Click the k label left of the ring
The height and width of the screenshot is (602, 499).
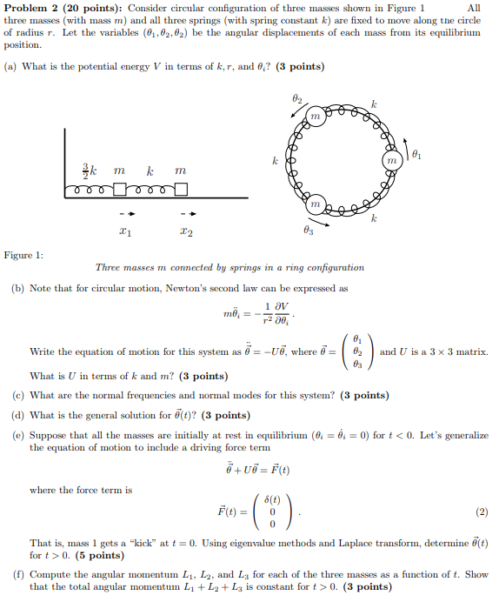275,162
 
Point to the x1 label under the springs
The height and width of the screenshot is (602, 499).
126,232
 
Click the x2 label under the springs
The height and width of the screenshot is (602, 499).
186,232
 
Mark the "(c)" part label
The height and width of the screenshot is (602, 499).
18,395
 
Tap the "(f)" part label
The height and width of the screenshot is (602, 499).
17,575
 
